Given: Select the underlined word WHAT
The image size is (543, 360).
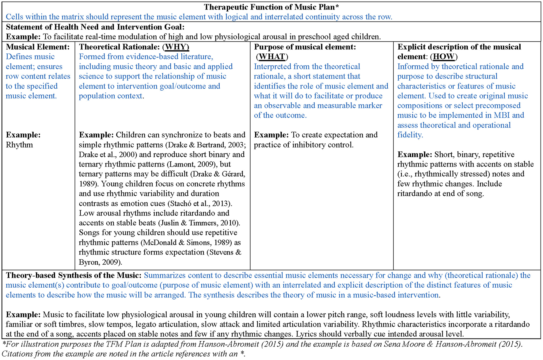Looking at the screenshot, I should coord(272,57).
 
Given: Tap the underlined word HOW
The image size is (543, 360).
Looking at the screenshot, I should coord(443,57).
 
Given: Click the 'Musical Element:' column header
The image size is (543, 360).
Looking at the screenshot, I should coord(38,47).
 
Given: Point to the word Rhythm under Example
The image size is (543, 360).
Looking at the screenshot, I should coord(19,145).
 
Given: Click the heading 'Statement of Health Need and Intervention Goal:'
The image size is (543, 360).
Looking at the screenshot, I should coord(95,27).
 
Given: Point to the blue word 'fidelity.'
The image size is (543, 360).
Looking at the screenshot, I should coord(410,135).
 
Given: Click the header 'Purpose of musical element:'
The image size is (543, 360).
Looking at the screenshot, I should coord(305,47).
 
